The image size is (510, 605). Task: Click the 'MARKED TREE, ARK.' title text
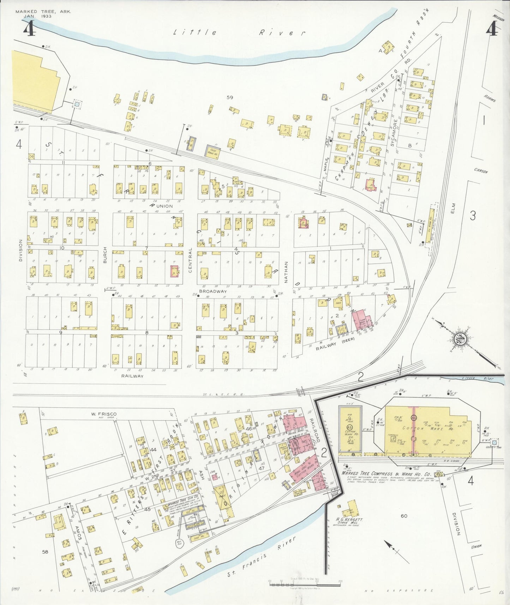tap(43, 11)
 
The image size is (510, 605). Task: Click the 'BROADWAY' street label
tap(213, 292)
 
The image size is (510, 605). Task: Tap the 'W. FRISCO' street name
tap(103, 414)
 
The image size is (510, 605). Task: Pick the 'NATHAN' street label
tap(287, 272)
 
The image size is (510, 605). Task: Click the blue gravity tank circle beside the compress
tap(494, 442)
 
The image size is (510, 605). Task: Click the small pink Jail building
tap(215, 478)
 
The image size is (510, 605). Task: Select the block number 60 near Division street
tap(404, 516)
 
